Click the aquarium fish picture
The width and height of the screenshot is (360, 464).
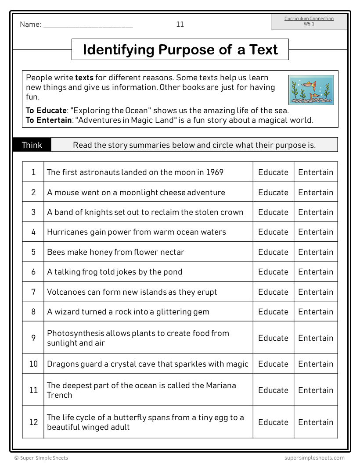pos(311,90)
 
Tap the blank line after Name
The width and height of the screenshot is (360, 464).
pos(88,25)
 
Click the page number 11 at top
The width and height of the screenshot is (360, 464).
pos(180,25)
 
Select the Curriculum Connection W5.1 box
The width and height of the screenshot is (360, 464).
pos(309,21)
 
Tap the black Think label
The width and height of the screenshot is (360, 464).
pos(32,145)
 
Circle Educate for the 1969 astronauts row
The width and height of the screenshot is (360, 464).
pos(273,172)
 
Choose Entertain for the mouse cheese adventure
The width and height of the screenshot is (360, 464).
pos(316,193)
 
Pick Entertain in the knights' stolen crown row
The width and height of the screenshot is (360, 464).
pos(316,212)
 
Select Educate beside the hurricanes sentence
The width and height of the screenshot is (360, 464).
pos(273,232)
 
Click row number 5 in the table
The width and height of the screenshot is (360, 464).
pos(33,252)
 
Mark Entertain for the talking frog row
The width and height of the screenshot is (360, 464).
pos(316,272)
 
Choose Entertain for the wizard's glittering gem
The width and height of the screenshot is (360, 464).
pos(316,312)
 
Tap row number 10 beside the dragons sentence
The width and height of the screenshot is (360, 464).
pos(33,364)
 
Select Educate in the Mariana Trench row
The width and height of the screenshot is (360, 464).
pos(273,390)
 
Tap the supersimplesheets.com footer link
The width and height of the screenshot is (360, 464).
pos(312,458)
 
